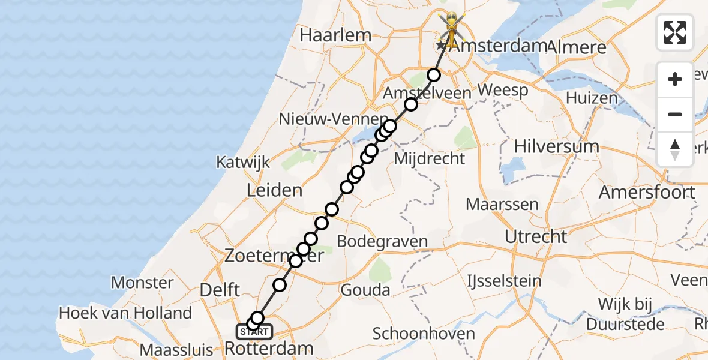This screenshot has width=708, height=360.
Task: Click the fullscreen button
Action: click(x=675, y=32)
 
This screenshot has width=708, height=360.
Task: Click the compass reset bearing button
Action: click(x=675, y=149)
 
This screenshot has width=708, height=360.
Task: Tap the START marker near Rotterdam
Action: click(x=255, y=331)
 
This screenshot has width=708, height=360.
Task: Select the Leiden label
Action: click(x=274, y=191)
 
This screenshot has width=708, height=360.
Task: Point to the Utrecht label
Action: click(x=536, y=236)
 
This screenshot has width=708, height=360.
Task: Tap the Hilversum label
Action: click(x=557, y=146)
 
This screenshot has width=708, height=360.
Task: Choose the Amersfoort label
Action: click(x=647, y=193)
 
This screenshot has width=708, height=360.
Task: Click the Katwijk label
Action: click(x=244, y=162)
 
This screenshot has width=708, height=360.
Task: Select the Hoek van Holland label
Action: click(x=125, y=313)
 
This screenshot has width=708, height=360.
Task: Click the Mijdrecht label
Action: click(x=429, y=158)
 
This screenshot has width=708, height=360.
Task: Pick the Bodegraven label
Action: click(x=382, y=242)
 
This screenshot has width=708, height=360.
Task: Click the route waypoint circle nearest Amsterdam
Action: click(x=433, y=75)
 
